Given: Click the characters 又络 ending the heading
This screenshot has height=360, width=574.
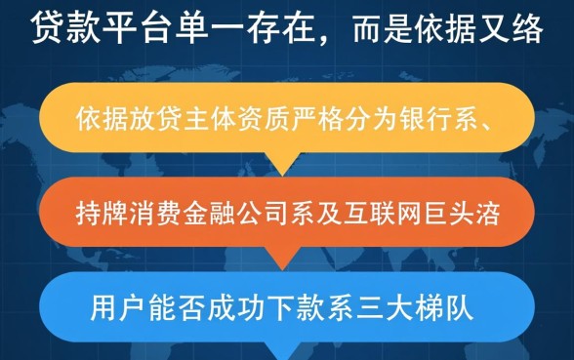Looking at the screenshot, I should (x=516, y=30).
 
